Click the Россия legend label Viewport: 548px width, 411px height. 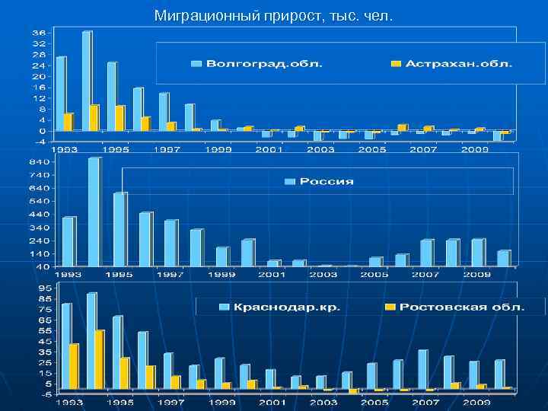click(326, 181)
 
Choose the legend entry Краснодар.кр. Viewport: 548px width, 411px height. click(286, 307)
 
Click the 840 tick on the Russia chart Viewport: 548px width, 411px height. click(40, 161)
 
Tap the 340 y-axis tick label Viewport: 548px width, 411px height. click(40, 228)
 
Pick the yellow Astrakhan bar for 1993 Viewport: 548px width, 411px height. click(68, 122)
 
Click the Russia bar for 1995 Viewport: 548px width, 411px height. click(119, 229)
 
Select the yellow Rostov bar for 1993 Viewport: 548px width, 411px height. click(74, 366)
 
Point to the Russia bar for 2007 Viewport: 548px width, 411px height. click(426, 253)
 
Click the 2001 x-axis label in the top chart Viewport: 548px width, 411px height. click(269, 150)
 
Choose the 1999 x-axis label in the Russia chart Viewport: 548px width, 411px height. click(222, 274)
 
